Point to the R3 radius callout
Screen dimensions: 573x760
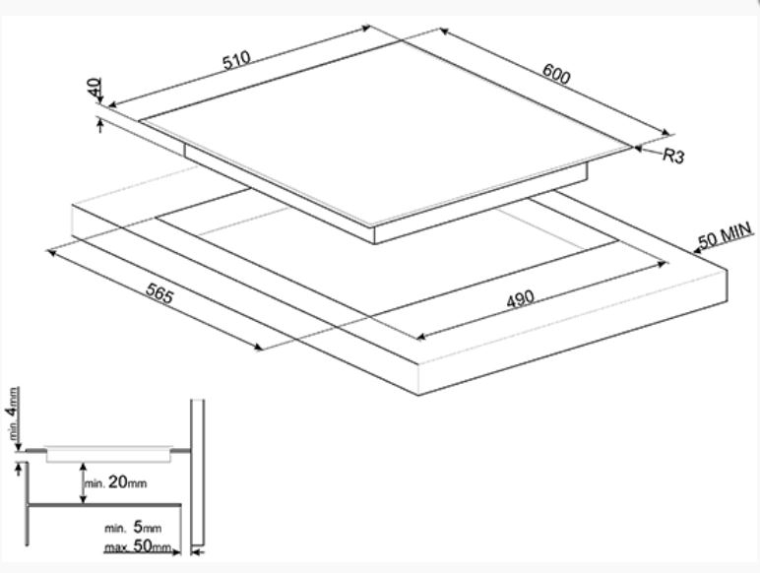672,156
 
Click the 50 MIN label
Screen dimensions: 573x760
725,236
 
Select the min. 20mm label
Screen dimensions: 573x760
115,483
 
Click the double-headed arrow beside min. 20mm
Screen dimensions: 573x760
80,481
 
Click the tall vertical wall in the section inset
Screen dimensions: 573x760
197,473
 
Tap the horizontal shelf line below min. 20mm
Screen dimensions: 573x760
108,504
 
